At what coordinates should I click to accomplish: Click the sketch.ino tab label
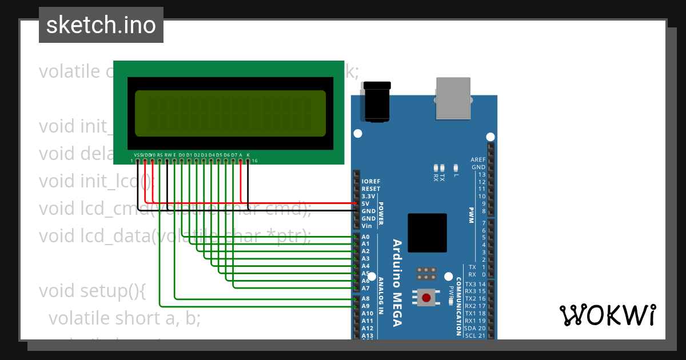tap(101, 25)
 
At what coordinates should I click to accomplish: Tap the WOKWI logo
tap(607, 315)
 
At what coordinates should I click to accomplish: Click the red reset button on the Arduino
tap(426, 297)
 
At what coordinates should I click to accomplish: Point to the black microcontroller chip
tap(427, 233)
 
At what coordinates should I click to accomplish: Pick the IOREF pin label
tap(370, 181)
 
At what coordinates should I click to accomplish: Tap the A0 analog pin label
tap(366, 237)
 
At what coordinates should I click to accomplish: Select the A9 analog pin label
tap(366, 306)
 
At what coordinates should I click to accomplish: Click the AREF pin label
tap(478, 159)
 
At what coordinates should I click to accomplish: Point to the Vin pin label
tap(367, 226)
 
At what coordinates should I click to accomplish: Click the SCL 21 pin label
tap(475, 335)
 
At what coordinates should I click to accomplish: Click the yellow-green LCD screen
tap(230, 113)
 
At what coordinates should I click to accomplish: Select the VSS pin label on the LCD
tap(137, 155)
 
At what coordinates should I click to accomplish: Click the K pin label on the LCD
tap(248, 155)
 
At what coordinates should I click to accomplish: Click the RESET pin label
tap(370, 189)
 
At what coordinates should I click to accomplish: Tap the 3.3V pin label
tap(369, 196)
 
